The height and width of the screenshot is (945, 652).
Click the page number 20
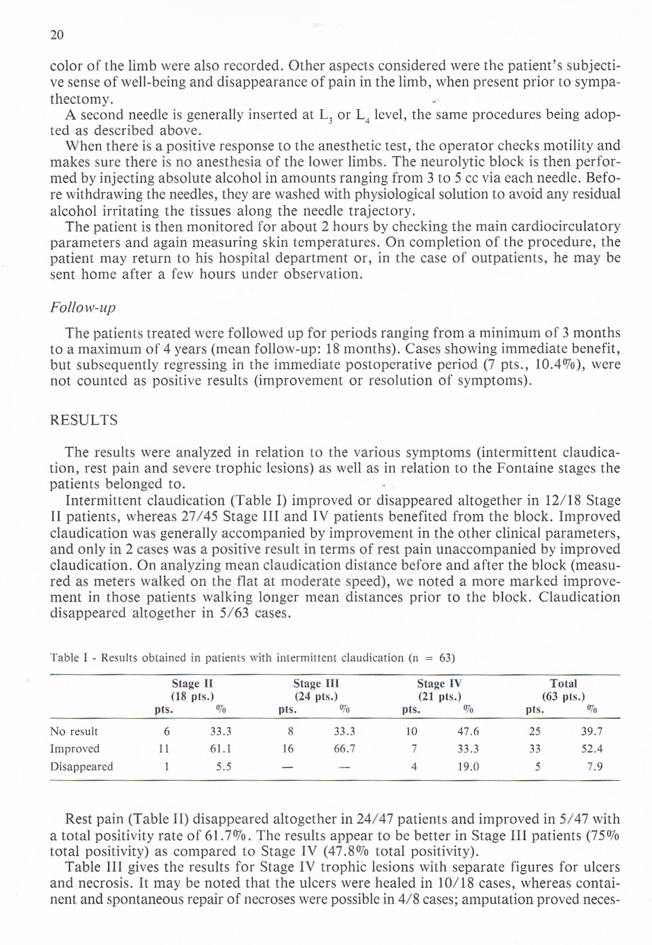(57, 35)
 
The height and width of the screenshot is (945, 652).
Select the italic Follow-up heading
(82, 308)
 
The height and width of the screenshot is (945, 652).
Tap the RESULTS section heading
(84, 420)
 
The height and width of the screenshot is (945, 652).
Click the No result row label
(74, 731)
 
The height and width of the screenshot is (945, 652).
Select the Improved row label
(74, 749)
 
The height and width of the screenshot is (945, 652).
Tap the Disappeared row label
(81, 766)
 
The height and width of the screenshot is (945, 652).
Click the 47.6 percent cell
(468, 731)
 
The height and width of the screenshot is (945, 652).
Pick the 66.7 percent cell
(344, 749)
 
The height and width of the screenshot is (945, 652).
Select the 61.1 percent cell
(221, 749)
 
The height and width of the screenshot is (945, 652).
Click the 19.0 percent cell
(468, 766)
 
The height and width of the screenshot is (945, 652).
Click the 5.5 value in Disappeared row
(224, 766)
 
